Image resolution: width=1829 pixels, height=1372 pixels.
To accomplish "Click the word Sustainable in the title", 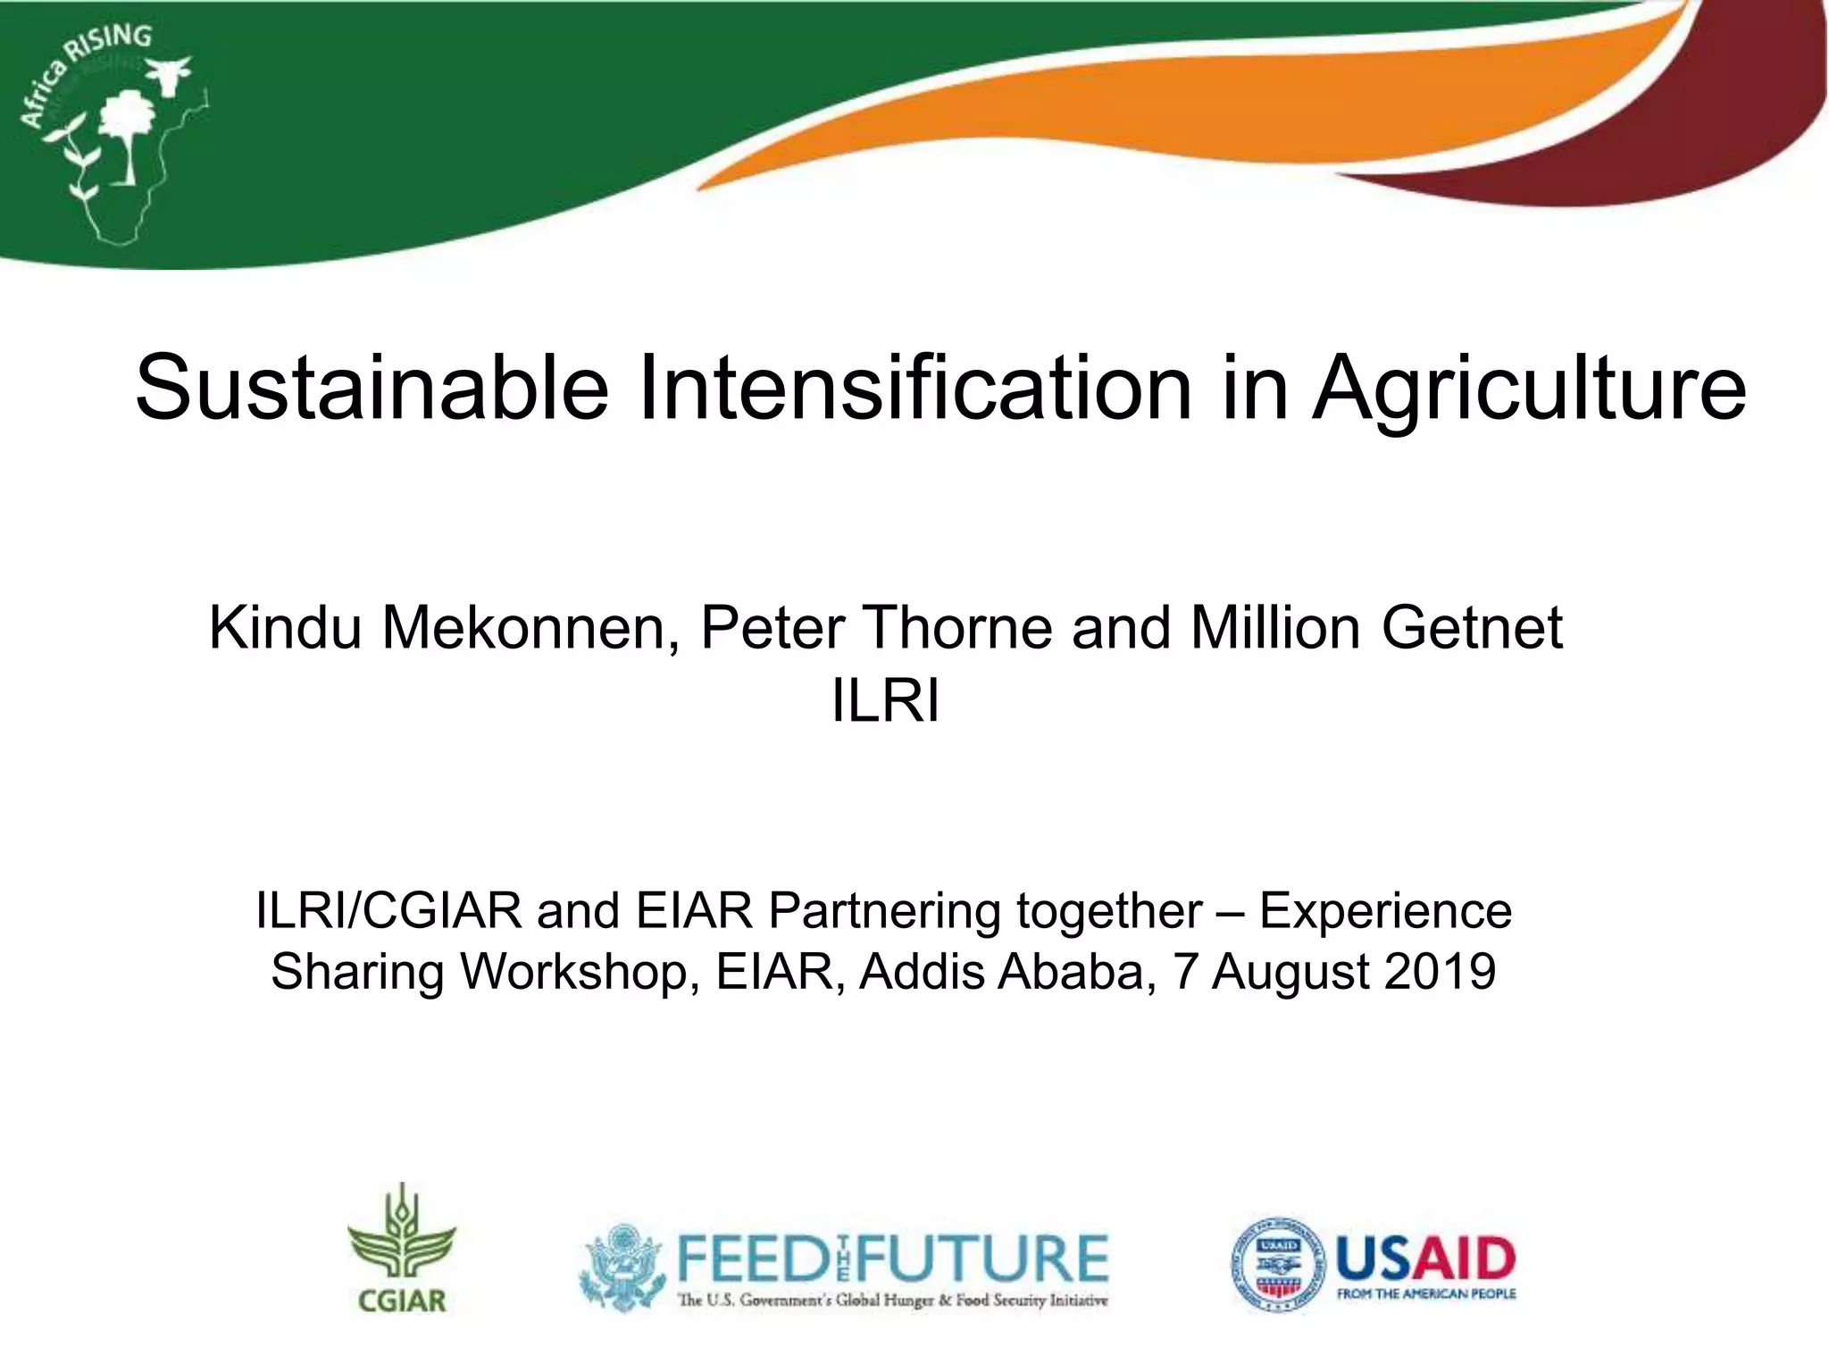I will pyautogui.click(x=372, y=388).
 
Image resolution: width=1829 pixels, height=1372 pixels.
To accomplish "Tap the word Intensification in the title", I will pyautogui.click(x=914, y=388).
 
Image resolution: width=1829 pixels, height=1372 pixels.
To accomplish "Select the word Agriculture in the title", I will pyautogui.click(x=1528, y=389).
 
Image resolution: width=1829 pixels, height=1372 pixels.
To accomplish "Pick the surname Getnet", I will pyautogui.click(x=1472, y=627).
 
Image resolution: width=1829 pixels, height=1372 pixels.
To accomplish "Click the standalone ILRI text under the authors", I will pyautogui.click(x=885, y=701).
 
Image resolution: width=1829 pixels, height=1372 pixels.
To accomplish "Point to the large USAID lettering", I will pyautogui.click(x=1425, y=1259).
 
